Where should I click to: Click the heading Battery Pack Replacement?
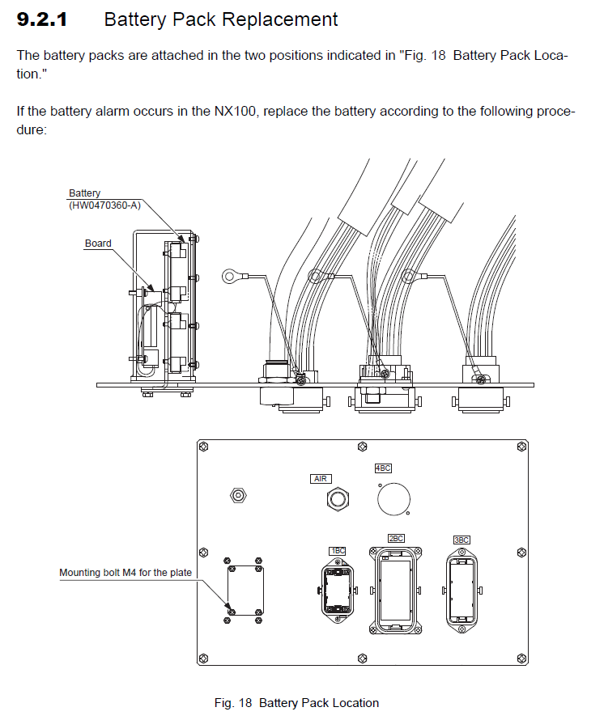(221, 19)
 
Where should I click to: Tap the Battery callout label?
(84, 193)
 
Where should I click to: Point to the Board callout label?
(98, 243)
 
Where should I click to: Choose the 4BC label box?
(383, 468)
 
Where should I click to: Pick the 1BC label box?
(337, 551)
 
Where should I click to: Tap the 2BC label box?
(396, 538)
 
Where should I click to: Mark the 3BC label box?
(462, 540)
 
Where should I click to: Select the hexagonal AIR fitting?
(335, 500)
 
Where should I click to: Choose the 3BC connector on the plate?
(462, 587)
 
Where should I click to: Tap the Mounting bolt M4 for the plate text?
(125, 573)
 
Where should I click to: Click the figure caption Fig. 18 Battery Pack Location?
(296, 703)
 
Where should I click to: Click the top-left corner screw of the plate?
(206, 447)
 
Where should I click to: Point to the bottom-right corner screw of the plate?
(519, 657)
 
